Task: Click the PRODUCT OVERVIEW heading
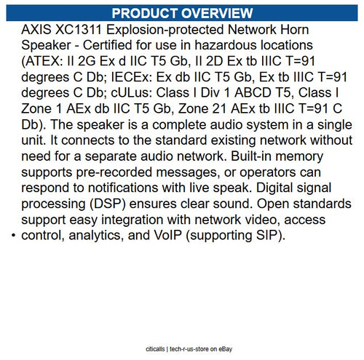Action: click(182, 13)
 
